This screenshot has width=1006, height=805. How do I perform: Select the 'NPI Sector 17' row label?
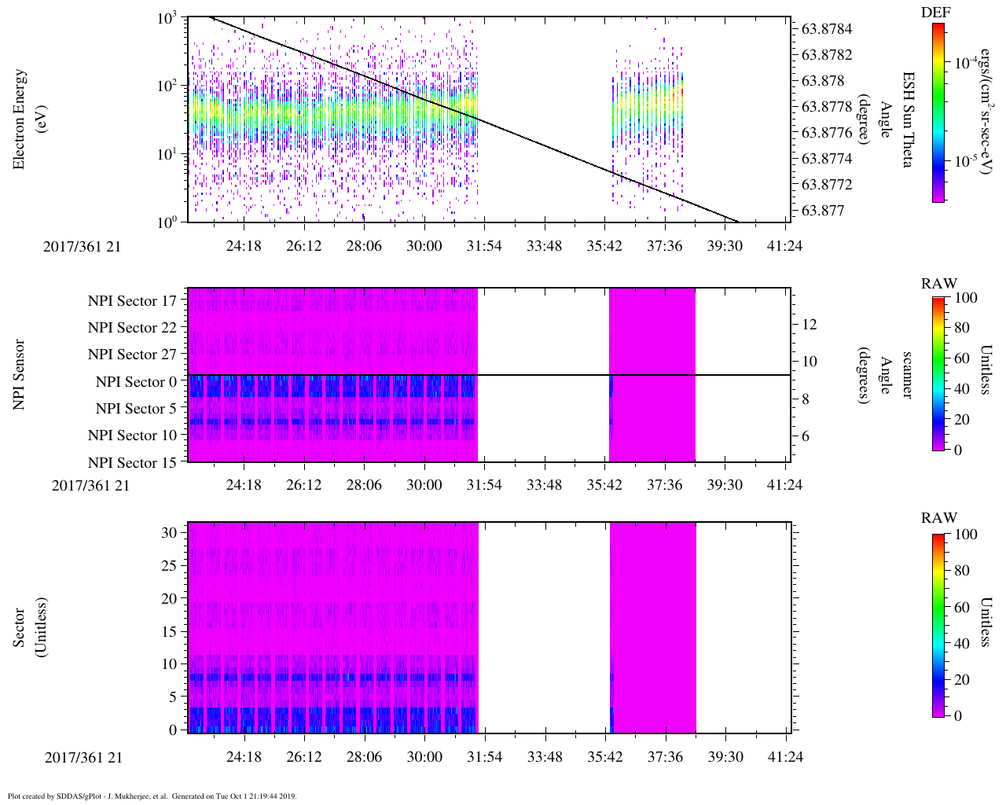[x=132, y=301]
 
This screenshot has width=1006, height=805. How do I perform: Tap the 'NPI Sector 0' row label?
[x=136, y=382]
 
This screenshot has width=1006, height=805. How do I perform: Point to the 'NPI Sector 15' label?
[x=132, y=463]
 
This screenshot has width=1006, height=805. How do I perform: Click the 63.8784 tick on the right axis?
[x=827, y=29]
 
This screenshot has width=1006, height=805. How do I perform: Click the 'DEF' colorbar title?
[x=935, y=13]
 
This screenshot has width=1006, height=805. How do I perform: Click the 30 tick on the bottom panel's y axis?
[x=168, y=532]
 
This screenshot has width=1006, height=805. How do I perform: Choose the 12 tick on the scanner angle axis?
[x=809, y=324]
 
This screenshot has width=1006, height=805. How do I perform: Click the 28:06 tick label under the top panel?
[x=364, y=246]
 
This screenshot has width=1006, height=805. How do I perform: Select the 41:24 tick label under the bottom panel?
[x=784, y=757]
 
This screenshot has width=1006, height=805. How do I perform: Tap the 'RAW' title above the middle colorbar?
[x=939, y=284]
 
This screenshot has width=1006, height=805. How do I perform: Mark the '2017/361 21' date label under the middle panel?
[x=90, y=485]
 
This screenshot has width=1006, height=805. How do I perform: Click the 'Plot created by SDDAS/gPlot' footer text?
[x=152, y=796]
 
